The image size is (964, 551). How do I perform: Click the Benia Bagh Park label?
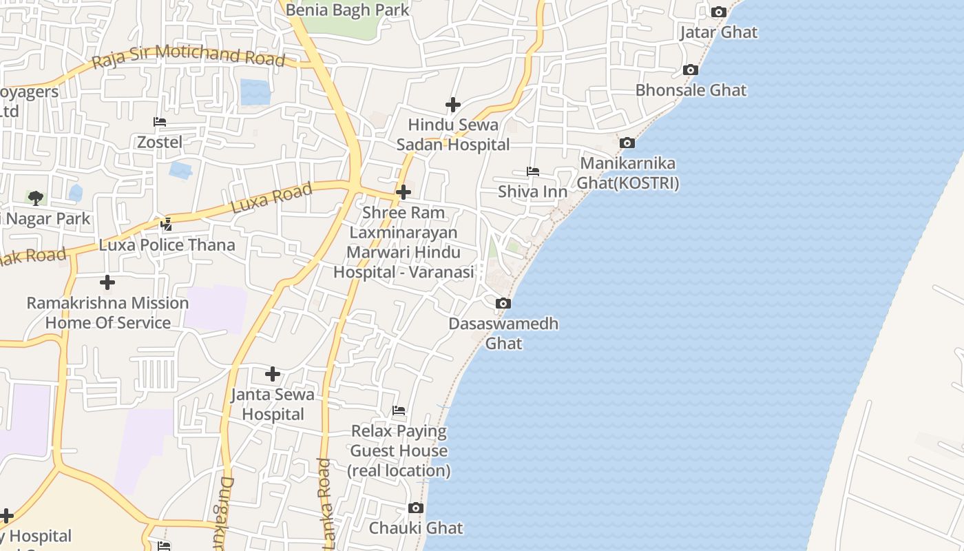pos(347,10)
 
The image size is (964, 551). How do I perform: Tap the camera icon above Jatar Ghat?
pos(718,12)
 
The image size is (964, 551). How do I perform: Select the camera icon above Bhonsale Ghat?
pos(690,70)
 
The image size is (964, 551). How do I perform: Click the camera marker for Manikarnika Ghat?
pos(627,143)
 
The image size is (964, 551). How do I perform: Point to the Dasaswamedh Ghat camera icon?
pos(503,303)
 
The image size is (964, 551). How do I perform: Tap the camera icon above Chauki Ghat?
pos(415,508)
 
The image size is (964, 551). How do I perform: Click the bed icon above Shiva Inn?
pos(532,171)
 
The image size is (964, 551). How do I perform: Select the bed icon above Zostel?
pos(160,122)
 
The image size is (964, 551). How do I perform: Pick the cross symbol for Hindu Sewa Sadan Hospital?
pos(452,105)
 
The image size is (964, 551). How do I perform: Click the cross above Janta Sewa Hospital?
pos(273,373)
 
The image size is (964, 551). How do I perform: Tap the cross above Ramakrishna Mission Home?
pos(107,282)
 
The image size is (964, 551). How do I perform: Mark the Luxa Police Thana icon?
pos(166,224)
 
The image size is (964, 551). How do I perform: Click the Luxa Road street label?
pos(271,198)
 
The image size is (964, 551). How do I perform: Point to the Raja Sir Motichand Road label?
pos(188,56)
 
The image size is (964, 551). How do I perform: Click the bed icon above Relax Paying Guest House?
pos(399,410)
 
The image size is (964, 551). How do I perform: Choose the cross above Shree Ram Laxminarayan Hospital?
pos(404,192)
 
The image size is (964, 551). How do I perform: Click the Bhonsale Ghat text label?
pos(691,90)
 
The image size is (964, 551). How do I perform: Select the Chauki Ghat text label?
pos(416,528)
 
